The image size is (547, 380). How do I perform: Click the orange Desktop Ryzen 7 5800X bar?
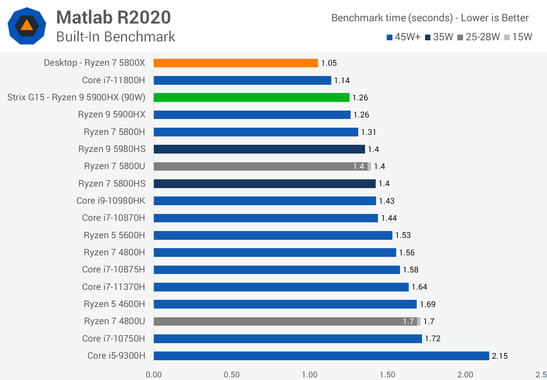(x=236, y=63)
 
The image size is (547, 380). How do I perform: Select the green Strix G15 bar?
(x=251, y=98)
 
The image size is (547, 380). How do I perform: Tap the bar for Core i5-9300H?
(x=321, y=356)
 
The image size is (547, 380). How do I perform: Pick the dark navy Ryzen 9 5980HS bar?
(x=259, y=149)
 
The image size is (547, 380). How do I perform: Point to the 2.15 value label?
(x=500, y=356)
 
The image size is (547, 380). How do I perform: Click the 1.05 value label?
(x=329, y=63)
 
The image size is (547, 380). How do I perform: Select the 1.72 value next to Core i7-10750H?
(x=432, y=339)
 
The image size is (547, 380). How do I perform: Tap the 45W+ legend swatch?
(x=389, y=37)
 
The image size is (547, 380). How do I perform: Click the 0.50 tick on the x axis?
(x=232, y=375)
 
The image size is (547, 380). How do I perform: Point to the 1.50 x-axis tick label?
(x=387, y=375)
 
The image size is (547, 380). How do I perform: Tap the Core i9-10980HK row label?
(x=111, y=201)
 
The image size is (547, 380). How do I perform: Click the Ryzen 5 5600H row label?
(x=114, y=235)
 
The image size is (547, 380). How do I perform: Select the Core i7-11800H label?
(x=114, y=80)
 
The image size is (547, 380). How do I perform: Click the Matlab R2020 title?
(x=114, y=17)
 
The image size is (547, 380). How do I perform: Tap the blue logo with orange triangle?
(x=27, y=26)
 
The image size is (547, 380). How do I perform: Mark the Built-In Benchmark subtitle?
(x=115, y=37)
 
